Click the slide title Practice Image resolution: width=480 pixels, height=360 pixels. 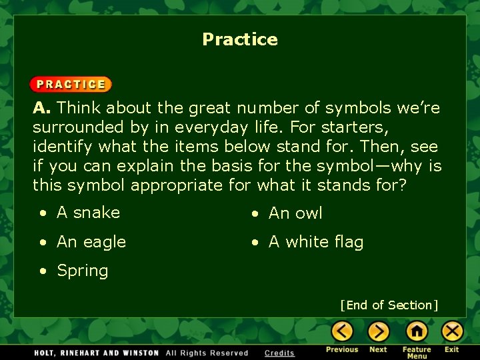point(240,39)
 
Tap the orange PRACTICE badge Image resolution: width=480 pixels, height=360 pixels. point(71,85)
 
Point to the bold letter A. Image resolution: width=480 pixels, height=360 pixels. point(41,108)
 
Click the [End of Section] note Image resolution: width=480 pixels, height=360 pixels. point(389,305)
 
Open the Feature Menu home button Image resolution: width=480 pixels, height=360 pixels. point(417,331)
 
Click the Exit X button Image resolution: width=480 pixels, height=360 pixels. point(452,331)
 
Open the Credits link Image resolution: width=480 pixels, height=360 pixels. point(279,353)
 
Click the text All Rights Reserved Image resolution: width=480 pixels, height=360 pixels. point(207,353)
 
